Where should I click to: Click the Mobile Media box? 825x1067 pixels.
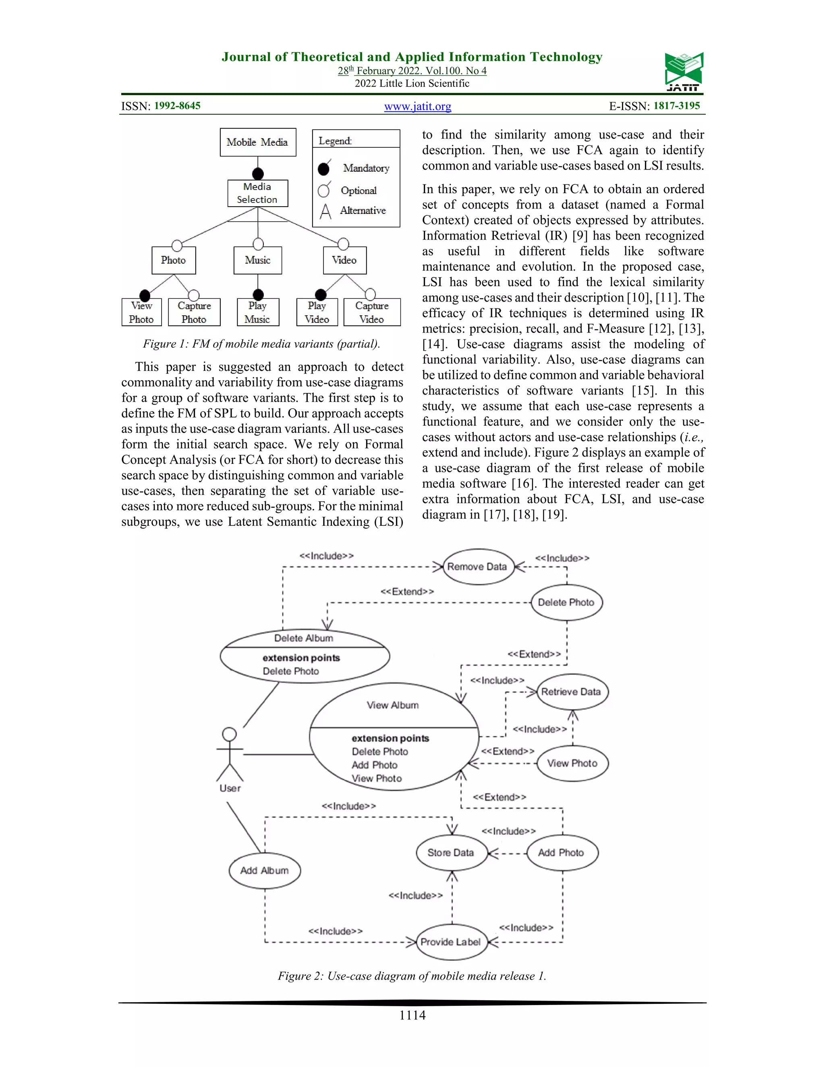(x=257, y=142)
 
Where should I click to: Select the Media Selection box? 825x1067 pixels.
(x=257, y=193)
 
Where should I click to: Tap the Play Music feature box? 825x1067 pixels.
(x=257, y=312)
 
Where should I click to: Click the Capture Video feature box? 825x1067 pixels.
(x=372, y=312)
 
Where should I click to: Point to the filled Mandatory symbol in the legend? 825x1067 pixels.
(x=323, y=169)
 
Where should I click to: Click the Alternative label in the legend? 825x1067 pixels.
(x=363, y=211)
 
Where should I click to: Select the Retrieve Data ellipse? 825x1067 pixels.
(x=572, y=692)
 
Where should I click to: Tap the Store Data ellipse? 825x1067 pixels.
(x=451, y=852)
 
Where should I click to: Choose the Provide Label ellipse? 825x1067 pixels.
(x=451, y=942)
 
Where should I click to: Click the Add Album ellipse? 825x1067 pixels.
(x=264, y=871)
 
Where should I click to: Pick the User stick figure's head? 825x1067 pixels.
(x=229, y=734)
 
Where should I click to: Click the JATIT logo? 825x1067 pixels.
(x=684, y=71)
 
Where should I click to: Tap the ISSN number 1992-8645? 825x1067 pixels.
(x=177, y=105)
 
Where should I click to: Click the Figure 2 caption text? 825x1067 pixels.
(x=412, y=976)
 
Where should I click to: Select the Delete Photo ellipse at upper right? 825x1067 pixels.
(x=566, y=602)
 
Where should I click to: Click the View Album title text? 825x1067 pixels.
(x=393, y=705)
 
